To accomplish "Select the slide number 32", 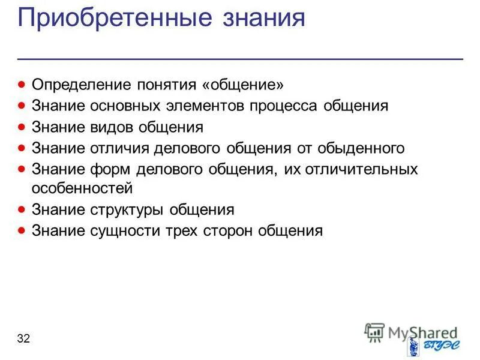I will tap(24, 339).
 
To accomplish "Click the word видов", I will tap(113, 128).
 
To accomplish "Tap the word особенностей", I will tap(82, 188).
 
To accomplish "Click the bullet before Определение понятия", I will tap(22, 84).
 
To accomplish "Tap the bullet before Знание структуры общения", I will tap(22, 209).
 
